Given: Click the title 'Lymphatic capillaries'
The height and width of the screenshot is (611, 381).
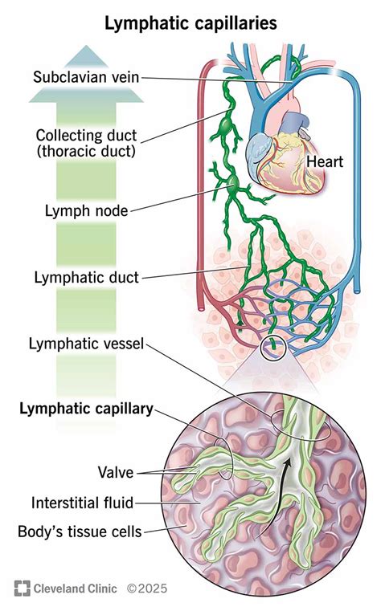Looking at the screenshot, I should pos(190,24).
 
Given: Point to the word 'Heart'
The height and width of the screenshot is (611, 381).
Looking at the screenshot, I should pos(325,161).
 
